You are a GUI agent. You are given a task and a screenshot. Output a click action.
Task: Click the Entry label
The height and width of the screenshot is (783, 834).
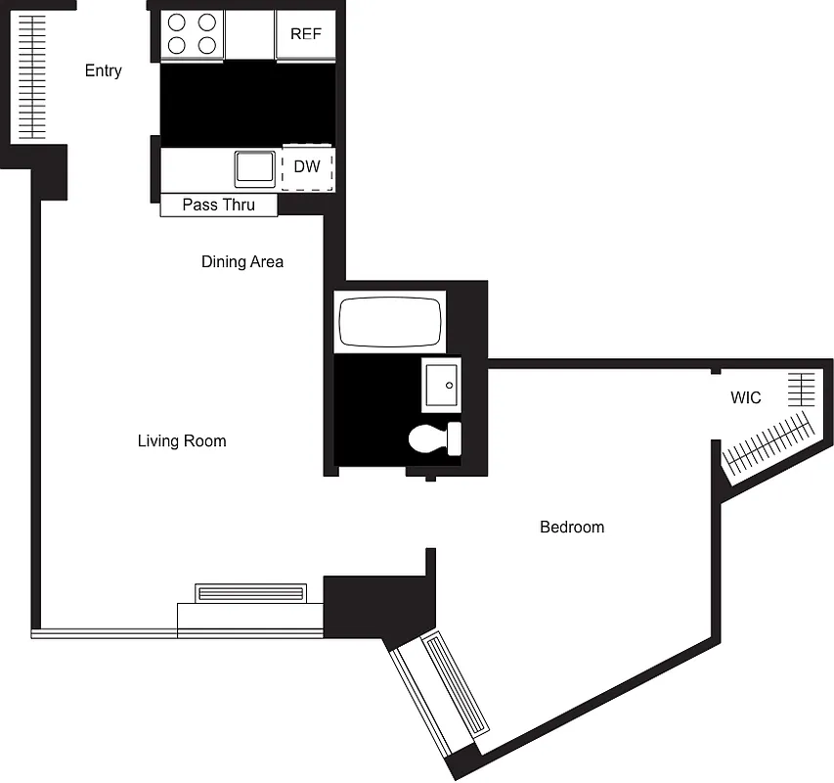[x=103, y=70]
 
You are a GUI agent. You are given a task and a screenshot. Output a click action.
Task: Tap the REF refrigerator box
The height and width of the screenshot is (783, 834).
[x=305, y=34]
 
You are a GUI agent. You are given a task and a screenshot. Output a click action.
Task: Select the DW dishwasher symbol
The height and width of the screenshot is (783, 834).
[x=307, y=167]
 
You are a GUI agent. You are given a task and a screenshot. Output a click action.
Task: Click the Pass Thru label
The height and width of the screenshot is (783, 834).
[x=218, y=205]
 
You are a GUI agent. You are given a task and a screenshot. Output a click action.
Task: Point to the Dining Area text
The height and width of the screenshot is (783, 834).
[x=242, y=261]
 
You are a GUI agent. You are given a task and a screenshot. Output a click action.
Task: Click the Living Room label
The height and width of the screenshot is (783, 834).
[x=182, y=441]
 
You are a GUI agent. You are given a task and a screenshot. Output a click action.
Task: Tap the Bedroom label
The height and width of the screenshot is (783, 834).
[x=572, y=528]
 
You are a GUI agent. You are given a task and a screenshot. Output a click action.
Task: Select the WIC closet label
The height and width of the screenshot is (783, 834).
[x=746, y=398]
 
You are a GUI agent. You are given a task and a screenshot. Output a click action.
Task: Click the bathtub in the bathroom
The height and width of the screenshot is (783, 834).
[x=388, y=322]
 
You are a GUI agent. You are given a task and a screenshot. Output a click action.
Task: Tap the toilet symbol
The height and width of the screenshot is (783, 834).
[x=434, y=438]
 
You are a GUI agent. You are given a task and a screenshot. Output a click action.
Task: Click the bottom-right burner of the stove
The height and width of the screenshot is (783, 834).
[x=206, y=45]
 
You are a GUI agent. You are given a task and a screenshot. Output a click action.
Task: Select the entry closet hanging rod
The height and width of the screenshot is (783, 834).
[x=32, y=76]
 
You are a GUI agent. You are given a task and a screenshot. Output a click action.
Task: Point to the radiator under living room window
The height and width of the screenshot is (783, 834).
[x=251, y=593]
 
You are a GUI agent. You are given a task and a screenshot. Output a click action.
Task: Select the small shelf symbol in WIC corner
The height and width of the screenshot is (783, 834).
[x=801, y=390]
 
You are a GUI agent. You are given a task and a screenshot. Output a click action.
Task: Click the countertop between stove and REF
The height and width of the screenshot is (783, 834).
[x=249, y=34]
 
